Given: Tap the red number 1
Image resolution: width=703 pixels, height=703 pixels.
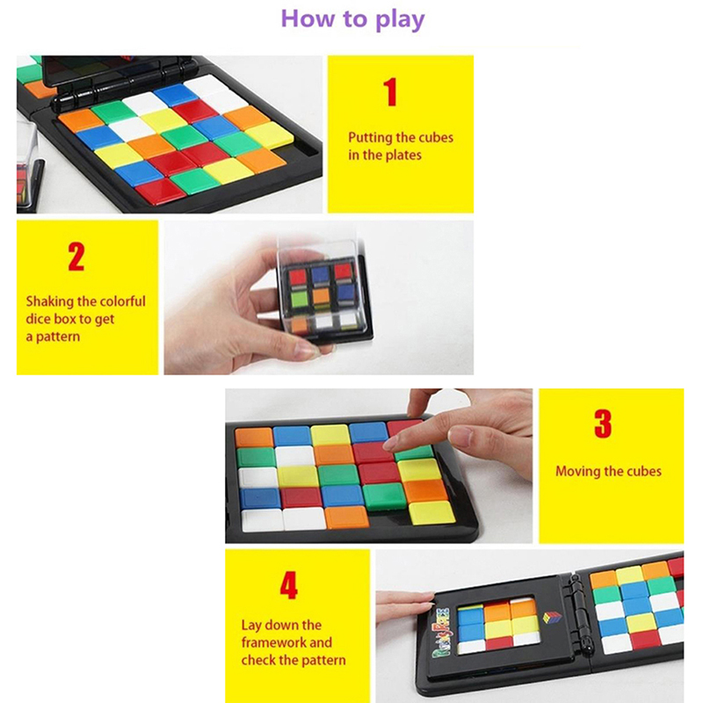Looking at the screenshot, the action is point(390,92).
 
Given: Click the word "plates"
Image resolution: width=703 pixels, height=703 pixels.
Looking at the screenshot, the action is point(403,156).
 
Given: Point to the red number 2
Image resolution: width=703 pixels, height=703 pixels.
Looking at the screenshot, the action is point(76,257).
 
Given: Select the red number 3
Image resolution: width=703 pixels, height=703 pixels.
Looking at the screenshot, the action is point(603,424).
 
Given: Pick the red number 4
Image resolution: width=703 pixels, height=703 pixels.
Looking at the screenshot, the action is point(289,585).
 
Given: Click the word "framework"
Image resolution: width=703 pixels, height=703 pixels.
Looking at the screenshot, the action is point(274,642).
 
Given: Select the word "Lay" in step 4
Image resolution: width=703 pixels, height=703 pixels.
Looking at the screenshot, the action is point(251,626).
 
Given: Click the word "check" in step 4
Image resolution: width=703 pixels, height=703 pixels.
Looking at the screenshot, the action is point(258,660).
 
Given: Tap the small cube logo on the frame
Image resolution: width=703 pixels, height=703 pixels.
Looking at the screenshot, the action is point(552,618).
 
